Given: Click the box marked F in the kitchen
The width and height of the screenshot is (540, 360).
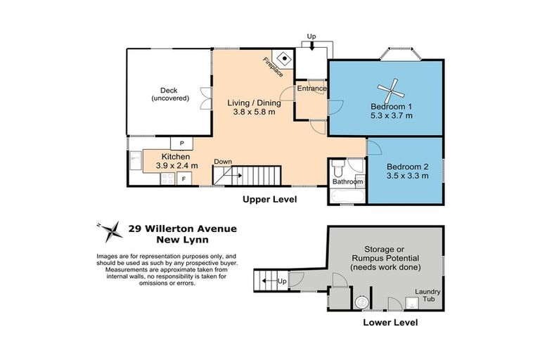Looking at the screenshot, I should click(x=184, y=179).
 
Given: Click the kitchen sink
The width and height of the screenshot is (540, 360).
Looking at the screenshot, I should click(x=135, y=160).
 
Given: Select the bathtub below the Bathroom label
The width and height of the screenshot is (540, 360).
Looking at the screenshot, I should click(x=345, y=196).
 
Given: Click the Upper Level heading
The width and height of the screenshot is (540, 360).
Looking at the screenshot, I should click(x=269, y=200).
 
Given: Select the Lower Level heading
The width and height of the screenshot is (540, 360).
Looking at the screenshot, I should click(x=390, y=323).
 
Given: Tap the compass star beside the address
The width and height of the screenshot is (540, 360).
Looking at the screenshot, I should click(x=109, y=228).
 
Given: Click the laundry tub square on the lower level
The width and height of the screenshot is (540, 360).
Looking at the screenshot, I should click(x=413, y=302).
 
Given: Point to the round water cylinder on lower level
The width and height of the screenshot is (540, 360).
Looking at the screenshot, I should click(x=363, y=301).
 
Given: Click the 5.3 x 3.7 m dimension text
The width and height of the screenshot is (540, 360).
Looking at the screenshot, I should click(x=392, y=115).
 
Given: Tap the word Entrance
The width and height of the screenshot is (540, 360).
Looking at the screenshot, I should click(x=311, y=89).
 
